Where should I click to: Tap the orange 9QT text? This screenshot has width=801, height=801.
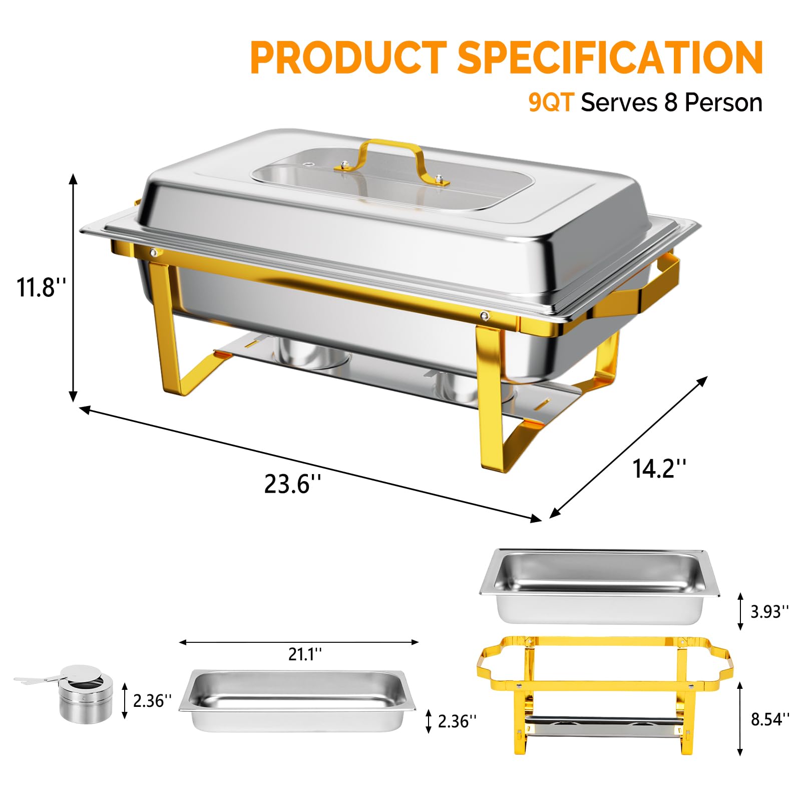551,103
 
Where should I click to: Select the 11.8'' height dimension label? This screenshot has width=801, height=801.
41,287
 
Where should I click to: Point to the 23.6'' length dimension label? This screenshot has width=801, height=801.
292,484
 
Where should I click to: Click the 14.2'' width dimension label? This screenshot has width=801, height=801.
659,469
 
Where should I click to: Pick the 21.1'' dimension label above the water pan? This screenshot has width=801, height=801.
304,654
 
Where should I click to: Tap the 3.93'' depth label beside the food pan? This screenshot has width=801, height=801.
769,611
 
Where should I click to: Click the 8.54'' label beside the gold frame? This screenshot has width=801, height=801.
769,719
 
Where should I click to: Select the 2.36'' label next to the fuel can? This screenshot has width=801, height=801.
152,700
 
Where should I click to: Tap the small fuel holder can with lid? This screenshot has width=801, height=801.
85,693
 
